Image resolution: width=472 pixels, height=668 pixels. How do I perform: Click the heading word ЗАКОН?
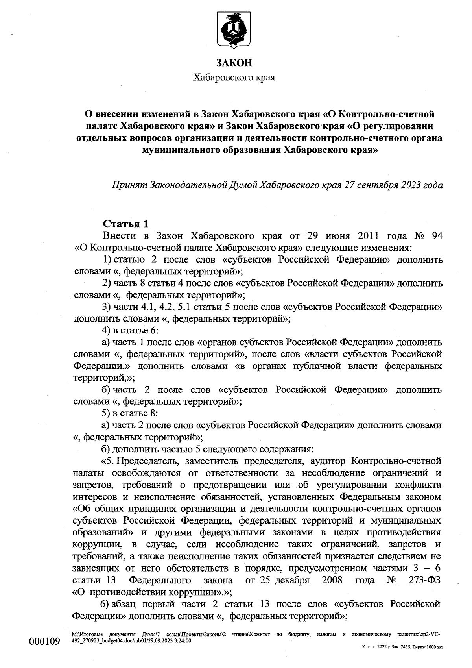(234, 63)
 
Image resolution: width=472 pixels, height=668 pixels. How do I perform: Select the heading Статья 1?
(126, 224)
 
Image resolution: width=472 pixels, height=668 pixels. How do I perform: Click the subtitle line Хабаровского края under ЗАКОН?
(234, 77)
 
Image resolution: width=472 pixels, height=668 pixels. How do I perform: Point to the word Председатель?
(146, 461)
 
